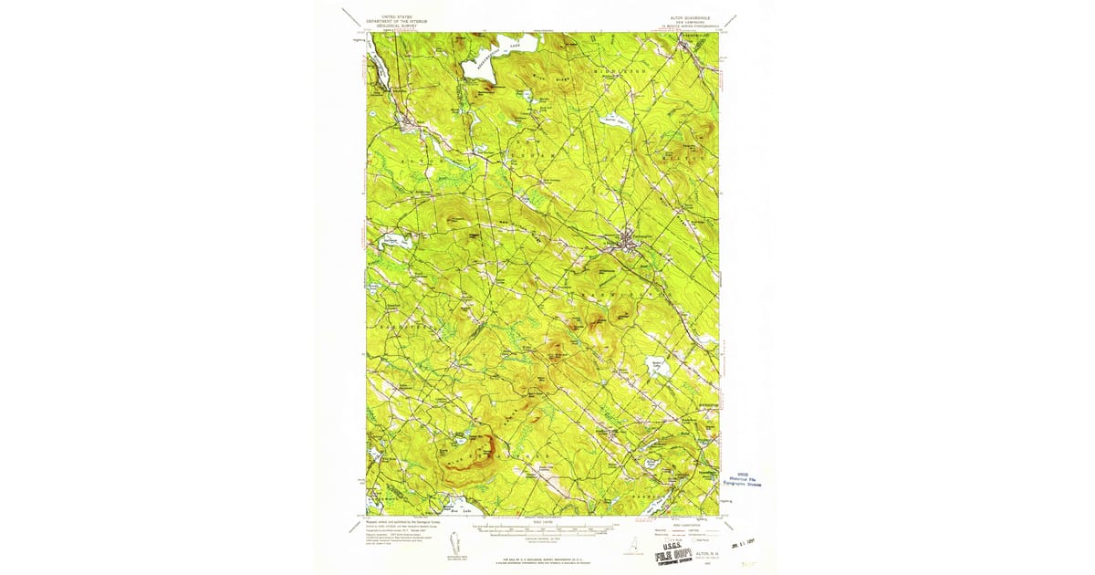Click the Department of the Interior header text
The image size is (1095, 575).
(396, 21)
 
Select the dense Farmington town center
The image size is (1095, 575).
(626, 241)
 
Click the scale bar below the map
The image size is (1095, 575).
(542, 529)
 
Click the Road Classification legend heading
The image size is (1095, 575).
(686, 522)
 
